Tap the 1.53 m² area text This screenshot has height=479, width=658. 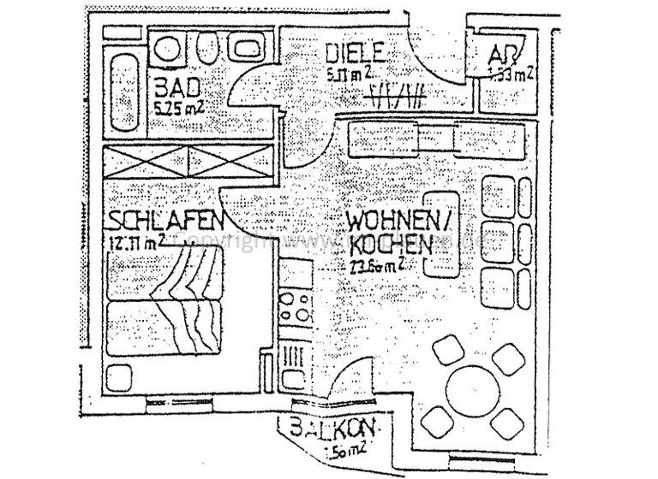[x=511, y=74]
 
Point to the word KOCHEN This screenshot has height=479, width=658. [x=390, y=244]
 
